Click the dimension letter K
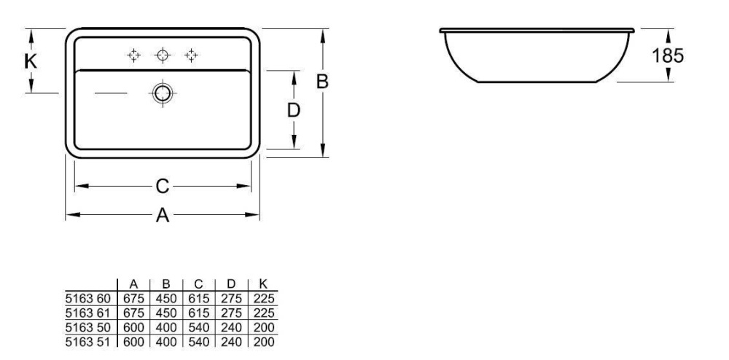pyautogui.click(x=30, y=61)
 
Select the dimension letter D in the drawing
pyautogui.click(x=293, y=110)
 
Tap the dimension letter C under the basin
pyautogui.click(x=162, y=187)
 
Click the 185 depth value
pyautogui.click(x=668, y=56)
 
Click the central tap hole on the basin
pyautogui.click(x=163, y=55)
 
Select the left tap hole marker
pyautogui.click(x=133, y=55)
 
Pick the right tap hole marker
pyautogui.click(x=191, y=55)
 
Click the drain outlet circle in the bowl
pyautogui.click(x=163, y=93)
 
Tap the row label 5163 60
pyautogui.click(x=87, y=298)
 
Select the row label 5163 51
pyautogui.click(x=87, y=340)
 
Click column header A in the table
pyautogui.click(x=133, y=285)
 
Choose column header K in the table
pyautogui.click(x=262, y=285)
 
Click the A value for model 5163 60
pyautogui.click(x=133, y=298)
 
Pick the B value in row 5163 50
pyautogui.click(x=166, y=326)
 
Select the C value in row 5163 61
pyautogui.click(x=198, y=312)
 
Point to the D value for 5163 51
pyautogui.click(x=230, y=340)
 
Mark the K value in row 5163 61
pyautogui.click(x=262, y=312)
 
